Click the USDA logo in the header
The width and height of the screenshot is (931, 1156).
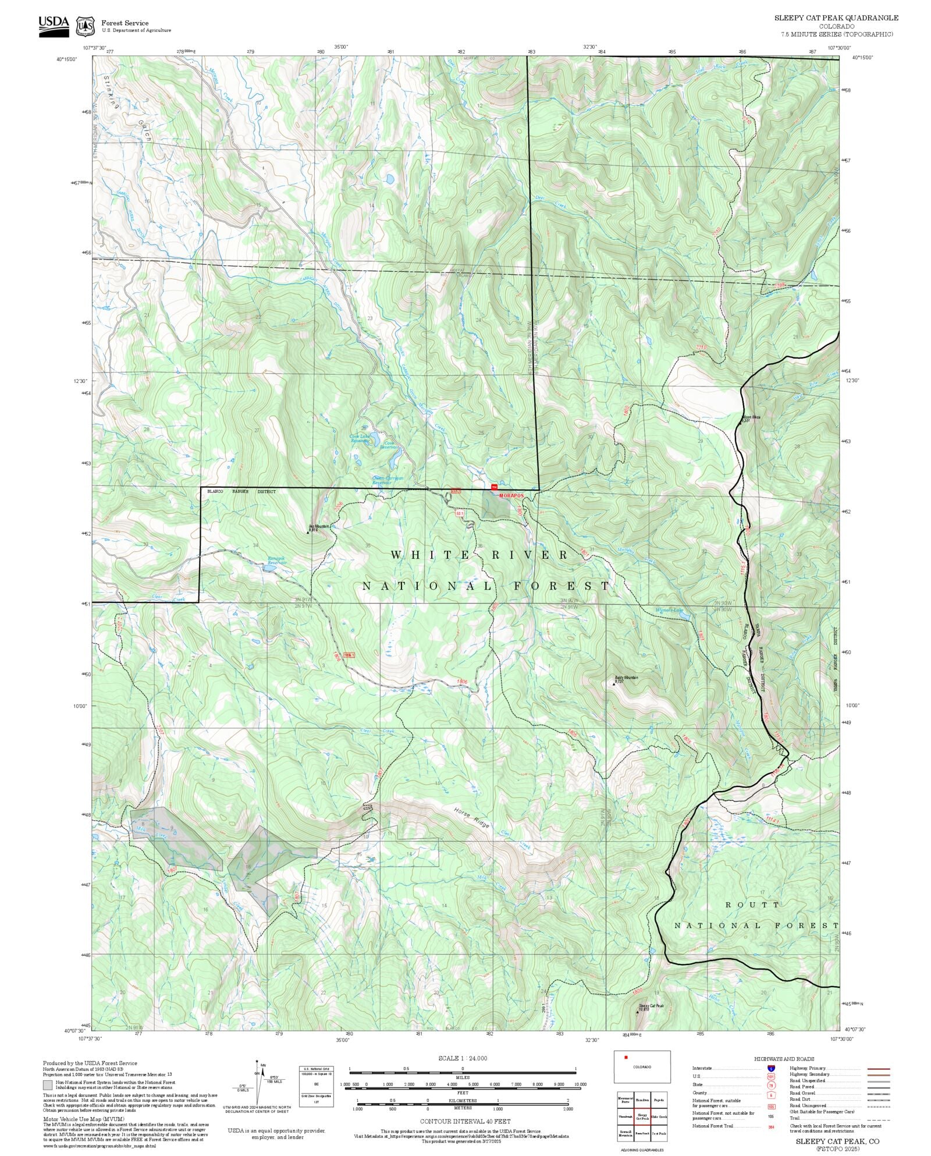54,26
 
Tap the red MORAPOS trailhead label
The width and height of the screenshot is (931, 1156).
511,495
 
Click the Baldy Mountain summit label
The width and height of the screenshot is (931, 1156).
627,679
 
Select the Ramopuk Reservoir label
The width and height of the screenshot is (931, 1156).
276,561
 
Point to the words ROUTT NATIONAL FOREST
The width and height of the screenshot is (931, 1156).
754,915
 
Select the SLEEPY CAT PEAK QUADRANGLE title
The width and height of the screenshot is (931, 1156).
836,18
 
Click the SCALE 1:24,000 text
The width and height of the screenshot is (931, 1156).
463,1058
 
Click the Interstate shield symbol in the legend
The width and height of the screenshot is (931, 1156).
771,1069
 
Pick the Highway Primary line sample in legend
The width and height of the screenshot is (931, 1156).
879,1069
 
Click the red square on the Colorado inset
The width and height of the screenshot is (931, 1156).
626,1057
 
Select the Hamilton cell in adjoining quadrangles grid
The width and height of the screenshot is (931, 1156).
642,1100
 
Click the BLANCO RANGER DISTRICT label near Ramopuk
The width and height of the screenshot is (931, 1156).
241,492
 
